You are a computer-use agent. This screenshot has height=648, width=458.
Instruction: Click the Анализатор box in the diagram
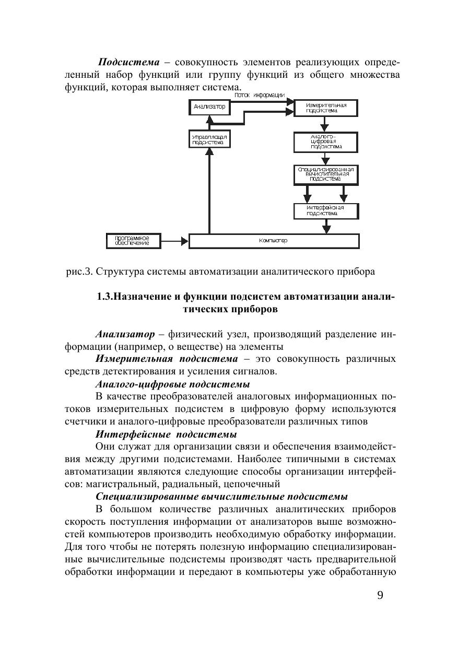(209, 107)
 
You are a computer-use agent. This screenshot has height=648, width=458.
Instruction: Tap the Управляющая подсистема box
(209, 139)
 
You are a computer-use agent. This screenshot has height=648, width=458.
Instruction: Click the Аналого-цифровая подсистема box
(326, 142)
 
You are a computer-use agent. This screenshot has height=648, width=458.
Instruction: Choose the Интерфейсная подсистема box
(326, 210)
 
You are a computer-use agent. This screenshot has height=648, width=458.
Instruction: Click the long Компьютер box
(274, 241)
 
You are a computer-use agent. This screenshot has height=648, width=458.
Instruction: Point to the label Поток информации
(259, 95)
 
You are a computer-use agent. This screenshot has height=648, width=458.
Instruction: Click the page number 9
(380, 595)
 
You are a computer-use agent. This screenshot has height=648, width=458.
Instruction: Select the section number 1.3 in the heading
(104, 297)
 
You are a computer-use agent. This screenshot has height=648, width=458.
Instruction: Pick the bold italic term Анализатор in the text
(125, 334)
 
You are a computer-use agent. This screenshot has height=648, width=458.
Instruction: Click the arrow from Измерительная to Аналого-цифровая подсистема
(325, 124)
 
